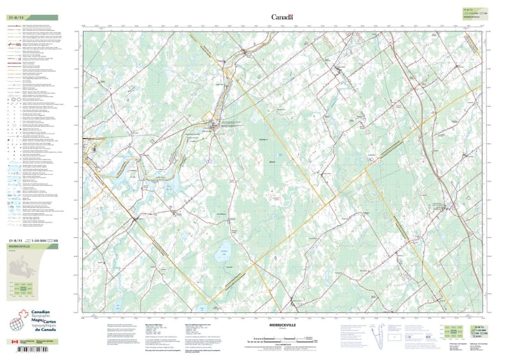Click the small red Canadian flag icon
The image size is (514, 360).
[x=15, y=342]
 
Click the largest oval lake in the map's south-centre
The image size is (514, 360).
[x=224, y=256]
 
